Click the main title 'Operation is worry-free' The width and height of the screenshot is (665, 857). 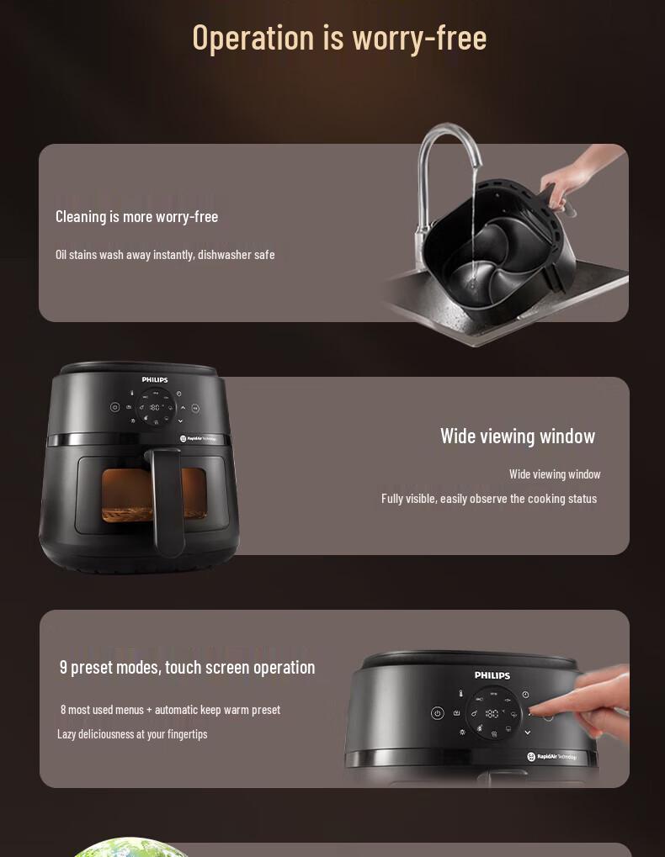(339, 38)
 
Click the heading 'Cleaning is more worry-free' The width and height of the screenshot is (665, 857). (136, 217)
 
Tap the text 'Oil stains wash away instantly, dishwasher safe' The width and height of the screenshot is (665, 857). (165, 255)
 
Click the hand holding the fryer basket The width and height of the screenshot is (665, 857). (574, 176)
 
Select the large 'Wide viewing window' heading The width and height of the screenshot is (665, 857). (518, 436)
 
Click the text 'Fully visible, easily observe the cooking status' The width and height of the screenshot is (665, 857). (489, 499)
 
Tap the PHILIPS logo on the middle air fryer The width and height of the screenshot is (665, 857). (155, 379)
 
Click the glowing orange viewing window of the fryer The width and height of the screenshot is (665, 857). (154, 495)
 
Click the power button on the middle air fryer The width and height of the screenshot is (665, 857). (114, 407)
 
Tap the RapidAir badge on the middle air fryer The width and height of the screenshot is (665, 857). (198, 438)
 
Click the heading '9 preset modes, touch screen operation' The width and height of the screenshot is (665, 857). (187, 667)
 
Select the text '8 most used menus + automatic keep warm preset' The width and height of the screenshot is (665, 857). (170, 710)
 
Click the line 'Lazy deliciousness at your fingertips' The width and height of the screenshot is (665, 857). (132, 734)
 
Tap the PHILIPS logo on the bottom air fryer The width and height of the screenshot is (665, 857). (492, 675)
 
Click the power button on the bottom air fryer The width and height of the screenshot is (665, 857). (438, 713)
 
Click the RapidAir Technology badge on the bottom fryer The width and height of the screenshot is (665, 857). (552, 756)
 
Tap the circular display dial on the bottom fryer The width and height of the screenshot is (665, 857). (492, 713)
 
